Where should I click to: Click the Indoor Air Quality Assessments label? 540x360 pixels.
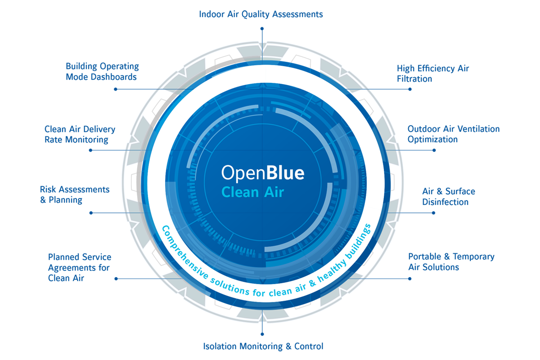(x=261, y=14)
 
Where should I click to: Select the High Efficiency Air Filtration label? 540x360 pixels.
(x=432, y=74)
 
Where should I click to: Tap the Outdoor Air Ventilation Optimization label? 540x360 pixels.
(x=453, y=134)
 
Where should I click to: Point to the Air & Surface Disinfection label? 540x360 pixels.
(x=448, y=197)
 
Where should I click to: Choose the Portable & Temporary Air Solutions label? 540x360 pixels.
(x=451, y=262)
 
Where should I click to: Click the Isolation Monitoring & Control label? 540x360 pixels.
(x=263, y=346)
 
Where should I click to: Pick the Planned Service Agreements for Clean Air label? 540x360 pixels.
(x=80, y=267)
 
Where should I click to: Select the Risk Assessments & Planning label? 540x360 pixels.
(x=75, y=194)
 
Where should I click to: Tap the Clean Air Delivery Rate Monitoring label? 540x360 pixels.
(x=80, y=135)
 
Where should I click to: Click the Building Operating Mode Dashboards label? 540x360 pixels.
(x=102, y=72)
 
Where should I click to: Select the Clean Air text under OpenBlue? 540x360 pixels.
(x=253, y=192)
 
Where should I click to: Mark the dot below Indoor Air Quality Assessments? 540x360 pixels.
(x=262, y=28)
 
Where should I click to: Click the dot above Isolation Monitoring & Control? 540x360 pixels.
(x=262, y=334)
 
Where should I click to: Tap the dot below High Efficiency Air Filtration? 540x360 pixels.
(x=410, y=89)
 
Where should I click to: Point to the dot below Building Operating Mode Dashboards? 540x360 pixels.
(x=116, y=89)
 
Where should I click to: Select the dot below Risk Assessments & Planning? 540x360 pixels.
(x=91, y=212)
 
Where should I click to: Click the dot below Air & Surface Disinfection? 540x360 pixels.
(x=434, y=212)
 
